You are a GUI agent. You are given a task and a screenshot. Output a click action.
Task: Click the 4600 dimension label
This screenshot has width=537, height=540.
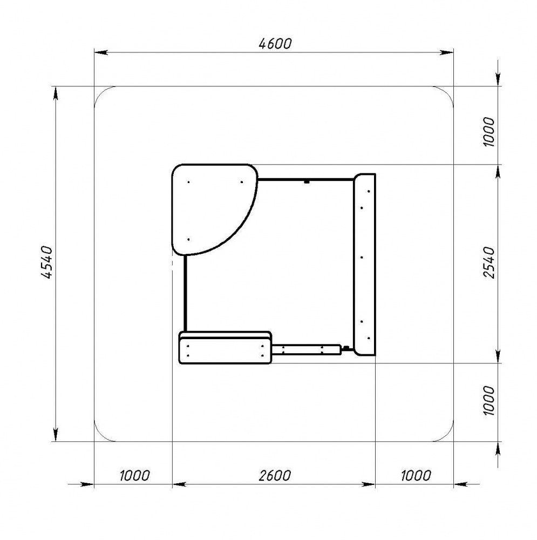click(275, 44)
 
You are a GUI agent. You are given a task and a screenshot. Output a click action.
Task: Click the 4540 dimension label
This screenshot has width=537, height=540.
click(46, 262)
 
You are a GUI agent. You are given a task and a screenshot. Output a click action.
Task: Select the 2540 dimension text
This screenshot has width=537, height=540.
click(488, 262)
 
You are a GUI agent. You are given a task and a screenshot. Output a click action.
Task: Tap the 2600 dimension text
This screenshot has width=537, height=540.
click(275, 476)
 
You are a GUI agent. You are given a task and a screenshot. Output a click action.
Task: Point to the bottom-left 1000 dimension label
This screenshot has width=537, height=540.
click(134, 476)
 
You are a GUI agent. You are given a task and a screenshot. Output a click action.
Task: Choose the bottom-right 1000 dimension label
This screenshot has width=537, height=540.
click(416, 476)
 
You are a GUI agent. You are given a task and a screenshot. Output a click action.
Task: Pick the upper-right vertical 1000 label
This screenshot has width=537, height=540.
click(488, 132)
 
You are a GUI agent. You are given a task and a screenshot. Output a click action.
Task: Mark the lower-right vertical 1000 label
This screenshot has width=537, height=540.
click(488, 401)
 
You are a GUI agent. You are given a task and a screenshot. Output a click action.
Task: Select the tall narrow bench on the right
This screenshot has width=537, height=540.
click(364, 265)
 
